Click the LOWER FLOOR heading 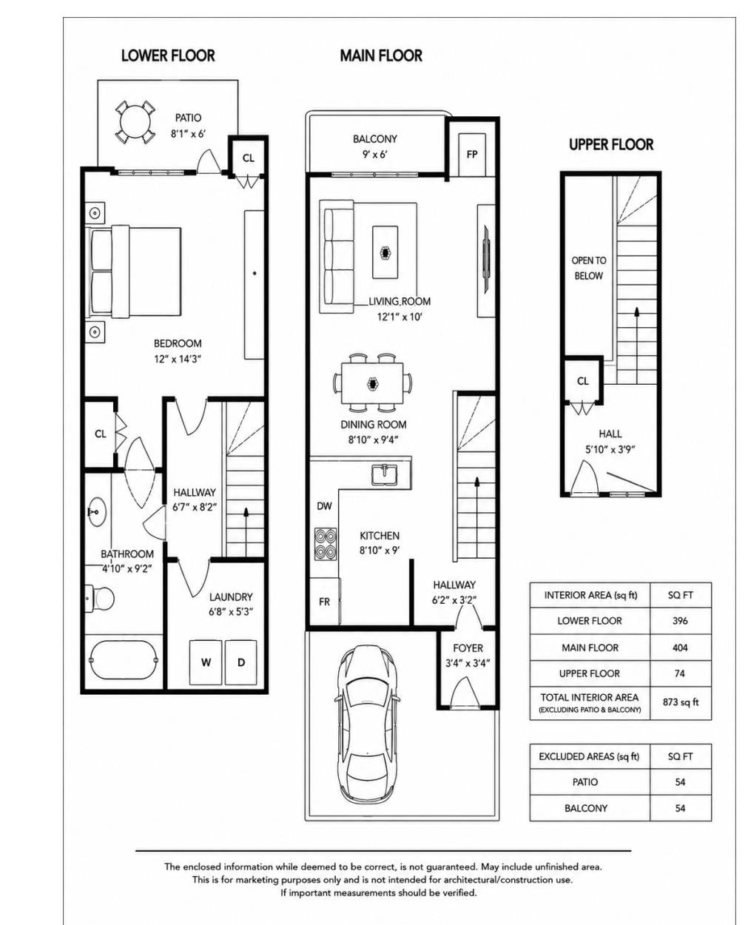[168, 55]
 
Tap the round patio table [135, 122]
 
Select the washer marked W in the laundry [206, 662]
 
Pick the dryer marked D [241, 662]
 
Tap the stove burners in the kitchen [325, 543]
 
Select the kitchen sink [384, 474]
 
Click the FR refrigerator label [324, 602]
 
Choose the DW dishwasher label [324, 506]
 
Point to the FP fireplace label [472, 154]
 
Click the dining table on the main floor [372, 383]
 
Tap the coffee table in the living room [385, 252]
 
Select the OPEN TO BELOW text [589, 268]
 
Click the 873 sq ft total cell [680, 702]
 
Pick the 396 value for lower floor [680, 621]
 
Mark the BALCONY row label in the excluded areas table [586, 808]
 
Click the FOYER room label [468, 648]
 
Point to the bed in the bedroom [135, 272]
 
